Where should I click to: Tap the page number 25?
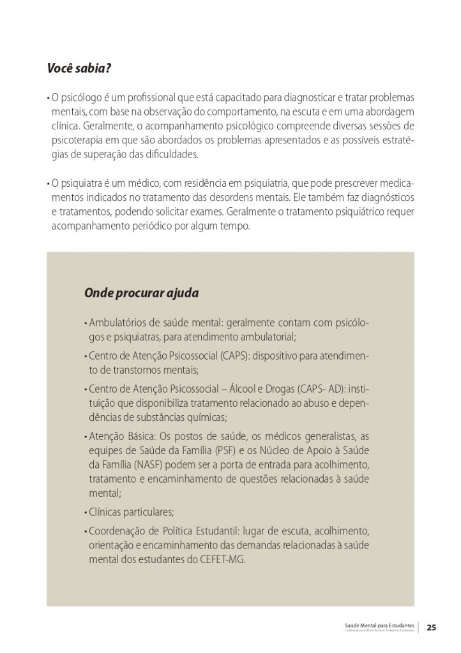tap(432, 627)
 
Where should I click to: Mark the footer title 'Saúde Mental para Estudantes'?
tap(379, 624)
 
